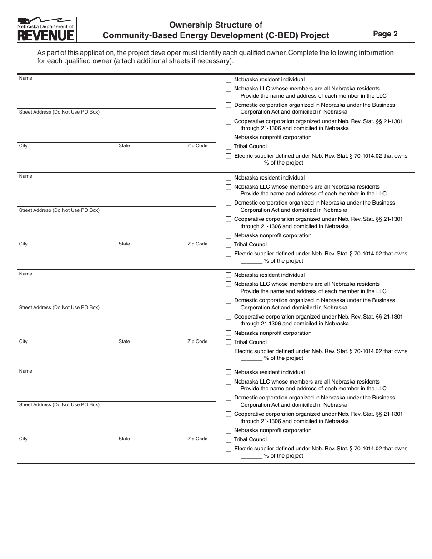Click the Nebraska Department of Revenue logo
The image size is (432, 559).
[x=45, y=30]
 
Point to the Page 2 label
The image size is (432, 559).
[x=385, y=34]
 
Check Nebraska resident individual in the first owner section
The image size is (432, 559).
[x=228, y=80]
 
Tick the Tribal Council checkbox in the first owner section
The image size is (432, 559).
[x=228, y=146]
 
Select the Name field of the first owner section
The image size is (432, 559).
[x=117, y=93]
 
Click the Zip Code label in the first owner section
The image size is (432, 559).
[x=197, y=146]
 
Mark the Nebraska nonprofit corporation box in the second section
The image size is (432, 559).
[x=228, y=235]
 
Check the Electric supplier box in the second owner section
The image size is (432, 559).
[x=228, y=254]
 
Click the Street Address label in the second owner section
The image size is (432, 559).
[x=59, y=210]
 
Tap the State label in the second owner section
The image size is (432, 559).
[x=124, y=244]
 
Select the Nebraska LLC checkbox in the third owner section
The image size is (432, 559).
[x=228, y=284]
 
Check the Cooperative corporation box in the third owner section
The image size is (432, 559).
[x=228, y=317]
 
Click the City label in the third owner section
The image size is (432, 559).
[x=23, y=342]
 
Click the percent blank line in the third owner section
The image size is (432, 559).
[x=251, y=359]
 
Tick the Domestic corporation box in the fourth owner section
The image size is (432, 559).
[x=228, y=398]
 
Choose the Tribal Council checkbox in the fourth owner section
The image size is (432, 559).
[x=228, y=439]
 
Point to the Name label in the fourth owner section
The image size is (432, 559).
[x=25, y=371]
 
